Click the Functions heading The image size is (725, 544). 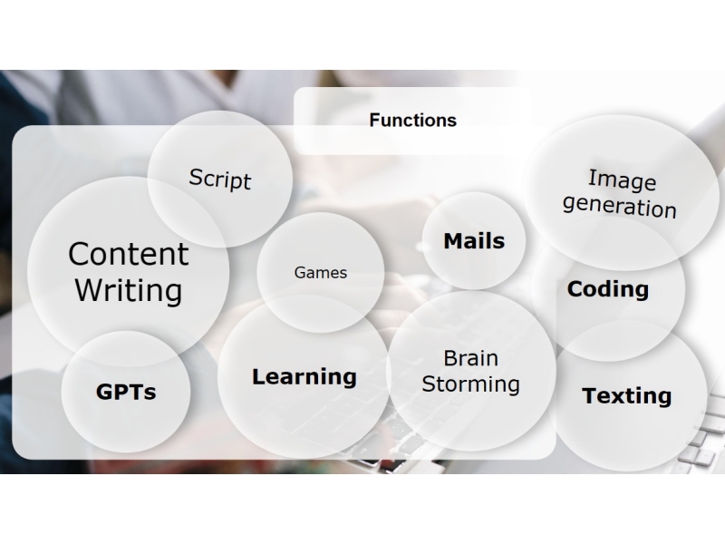coord(413,121)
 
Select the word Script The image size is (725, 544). coord(220,179)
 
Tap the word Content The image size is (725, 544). coord(129,254)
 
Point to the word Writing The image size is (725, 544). coord(129,291)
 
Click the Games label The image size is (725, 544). coord(321,273)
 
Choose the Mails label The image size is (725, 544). coord(474,241)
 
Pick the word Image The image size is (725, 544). coord(623,180)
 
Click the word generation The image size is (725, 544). coord(620,207)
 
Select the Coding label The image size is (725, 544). coord(608,289)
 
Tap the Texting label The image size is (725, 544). coord(627,396)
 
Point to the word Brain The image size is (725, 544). coord(470,358)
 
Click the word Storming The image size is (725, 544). coord(470,384)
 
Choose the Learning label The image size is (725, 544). coord(304,377)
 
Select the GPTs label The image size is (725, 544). coord(126,392)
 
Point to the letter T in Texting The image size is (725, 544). coord(591,395)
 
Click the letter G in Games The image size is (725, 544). coord(300,273)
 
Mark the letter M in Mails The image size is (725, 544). coord(455,240)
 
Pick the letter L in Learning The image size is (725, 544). coord(258,376)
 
